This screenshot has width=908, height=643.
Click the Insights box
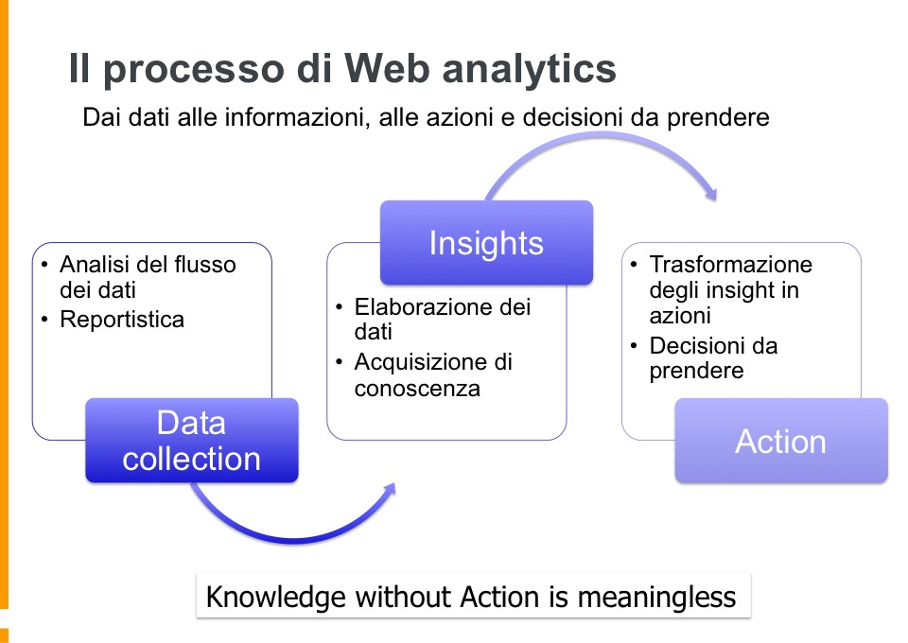point(486,242)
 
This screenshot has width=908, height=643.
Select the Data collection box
point(192,440)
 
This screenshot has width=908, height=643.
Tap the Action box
point(781,441)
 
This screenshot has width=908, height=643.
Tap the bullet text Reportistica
point(122,320)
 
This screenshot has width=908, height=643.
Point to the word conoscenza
point(417,389)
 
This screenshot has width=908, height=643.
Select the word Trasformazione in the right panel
point(731,265)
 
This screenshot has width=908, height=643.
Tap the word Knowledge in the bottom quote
point(275,598)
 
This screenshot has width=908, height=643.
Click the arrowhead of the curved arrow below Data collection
point(388,490)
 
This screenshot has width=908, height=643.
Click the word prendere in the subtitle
point(718,118)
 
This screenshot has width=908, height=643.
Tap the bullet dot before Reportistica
point(44,319)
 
